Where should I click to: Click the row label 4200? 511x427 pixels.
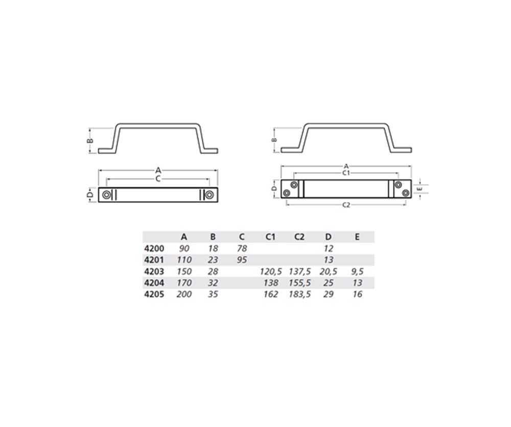[154, 248]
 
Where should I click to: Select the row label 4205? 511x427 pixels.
[154, 294]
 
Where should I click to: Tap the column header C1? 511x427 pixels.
[271, 237]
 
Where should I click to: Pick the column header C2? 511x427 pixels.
[299, 237]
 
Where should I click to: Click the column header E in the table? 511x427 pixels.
[357, 237]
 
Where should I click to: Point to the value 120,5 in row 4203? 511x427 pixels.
[271, 271]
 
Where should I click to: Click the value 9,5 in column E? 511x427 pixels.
[357, 271]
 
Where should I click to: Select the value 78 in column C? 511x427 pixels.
[242, 248]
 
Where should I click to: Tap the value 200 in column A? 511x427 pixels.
[184, 294]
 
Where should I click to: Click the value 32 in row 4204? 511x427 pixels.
[213, 283]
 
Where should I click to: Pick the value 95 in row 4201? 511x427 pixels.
[242, 260]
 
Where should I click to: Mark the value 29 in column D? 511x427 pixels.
[329, 294]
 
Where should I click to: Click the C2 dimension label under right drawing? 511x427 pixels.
[346, 205]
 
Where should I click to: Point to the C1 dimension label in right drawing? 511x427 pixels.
[346, 173]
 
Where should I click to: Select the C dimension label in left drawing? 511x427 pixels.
[158, 178]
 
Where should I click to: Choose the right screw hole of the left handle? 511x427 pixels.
[209, 195]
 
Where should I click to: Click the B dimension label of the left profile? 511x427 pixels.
[88, 140]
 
